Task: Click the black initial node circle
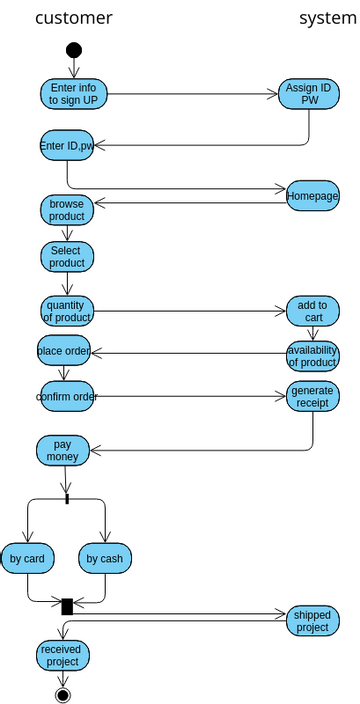tap(73, 51)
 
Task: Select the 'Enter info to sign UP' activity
tap(73, 94)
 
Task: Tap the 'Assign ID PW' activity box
tap(309, 94)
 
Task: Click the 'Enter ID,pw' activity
tap(67, 146)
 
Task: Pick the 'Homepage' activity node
tap(312, 196)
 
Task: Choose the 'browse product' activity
tap(67, 210)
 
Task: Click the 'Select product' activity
tap(67, 257)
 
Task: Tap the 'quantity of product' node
tap(67, 311)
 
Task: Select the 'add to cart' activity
tap(312, 311)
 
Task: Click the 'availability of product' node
tap(312, 355)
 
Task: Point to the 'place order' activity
tap(64, 351)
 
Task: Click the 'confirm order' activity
tap(67, 397)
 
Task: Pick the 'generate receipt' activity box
tap(312, 397)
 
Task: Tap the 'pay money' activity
tap(63, 450)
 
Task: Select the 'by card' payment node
tap(28, 558)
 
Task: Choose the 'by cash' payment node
tap(105, 558)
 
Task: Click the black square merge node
tap(67, 606)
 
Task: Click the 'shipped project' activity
tap(312, 621)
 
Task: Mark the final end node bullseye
tap(63, 694)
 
